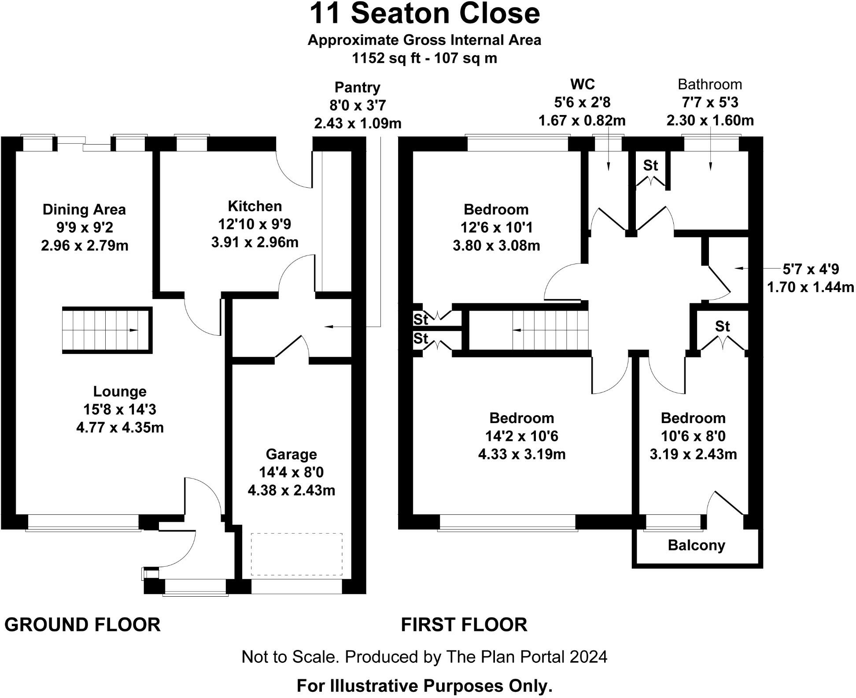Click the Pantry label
(x=357, y=87)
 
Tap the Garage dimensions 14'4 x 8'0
(x=291, y=472)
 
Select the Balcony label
(x=696, y=545)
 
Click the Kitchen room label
(x=255, y=206)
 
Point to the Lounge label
(x=120, y=391)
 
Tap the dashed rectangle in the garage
(x=297, y=554)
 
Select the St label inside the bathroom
(x=650, y=165)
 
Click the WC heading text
(x=582, y=84)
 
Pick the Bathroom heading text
(x=709, y=84)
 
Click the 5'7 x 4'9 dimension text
(x=810, y=269)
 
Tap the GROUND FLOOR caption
(x=82, y=625)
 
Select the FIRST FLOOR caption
(x=464, y=625)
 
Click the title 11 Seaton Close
(x=424, y=14)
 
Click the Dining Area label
(x=84, y=209)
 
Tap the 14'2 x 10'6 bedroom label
(x=521, y=436)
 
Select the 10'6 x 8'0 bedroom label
(x=693, y=436)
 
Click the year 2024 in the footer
(x=588, y=657)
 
